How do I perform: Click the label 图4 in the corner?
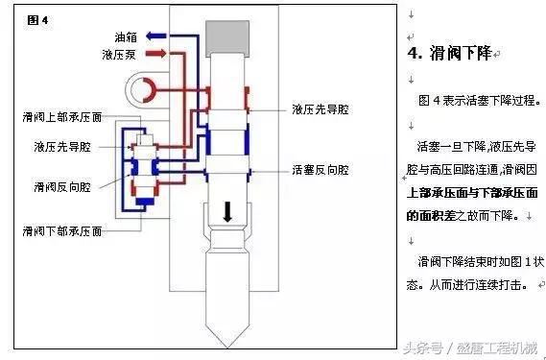(38, 19)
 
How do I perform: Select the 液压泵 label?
(120, 55)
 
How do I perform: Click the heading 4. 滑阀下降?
(448, 54)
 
